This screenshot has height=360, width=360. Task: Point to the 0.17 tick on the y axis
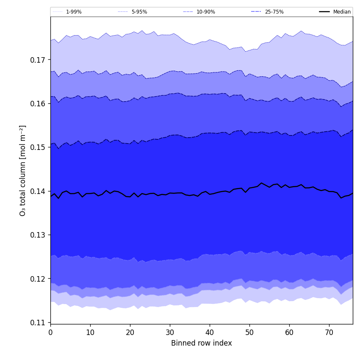38,60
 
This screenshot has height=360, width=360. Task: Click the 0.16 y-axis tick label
38,104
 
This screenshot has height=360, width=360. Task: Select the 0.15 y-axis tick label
38,147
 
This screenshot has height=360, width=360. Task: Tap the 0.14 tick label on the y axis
38,191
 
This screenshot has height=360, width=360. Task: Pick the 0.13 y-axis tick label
38,235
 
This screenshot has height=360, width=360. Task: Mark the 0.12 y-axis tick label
38,279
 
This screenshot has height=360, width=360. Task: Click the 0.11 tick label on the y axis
38,323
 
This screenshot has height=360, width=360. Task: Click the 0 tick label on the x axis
50,332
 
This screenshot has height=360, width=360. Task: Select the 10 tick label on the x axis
90,332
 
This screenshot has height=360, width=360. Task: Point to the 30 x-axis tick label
170,332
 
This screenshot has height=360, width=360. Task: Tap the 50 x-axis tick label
249,332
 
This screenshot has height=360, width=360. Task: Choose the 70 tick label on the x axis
329,332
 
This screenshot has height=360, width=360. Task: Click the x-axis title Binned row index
202,343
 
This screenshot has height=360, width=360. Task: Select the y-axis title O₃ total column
23,170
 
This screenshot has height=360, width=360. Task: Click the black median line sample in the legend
325,12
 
